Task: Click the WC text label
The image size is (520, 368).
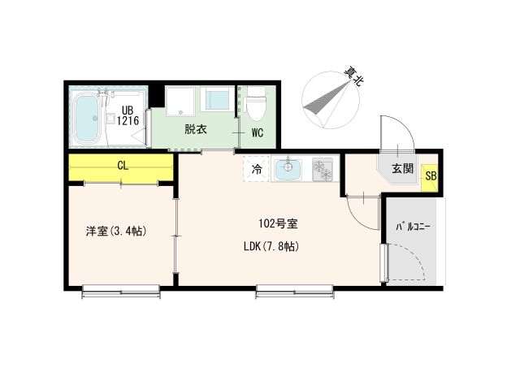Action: (x=257, y=131)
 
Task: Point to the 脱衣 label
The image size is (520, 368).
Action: (x=194, y=129)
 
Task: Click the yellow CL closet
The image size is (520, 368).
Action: (x=121, y=167)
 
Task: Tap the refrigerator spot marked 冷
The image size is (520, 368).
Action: (x=256, y=170)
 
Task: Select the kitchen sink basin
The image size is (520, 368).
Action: (x=288, y=170)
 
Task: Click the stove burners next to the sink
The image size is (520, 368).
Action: (x=323, y=170)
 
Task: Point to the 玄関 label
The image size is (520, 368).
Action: (x=402, y=168)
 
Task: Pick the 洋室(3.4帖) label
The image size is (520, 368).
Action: (x=116, y=231)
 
